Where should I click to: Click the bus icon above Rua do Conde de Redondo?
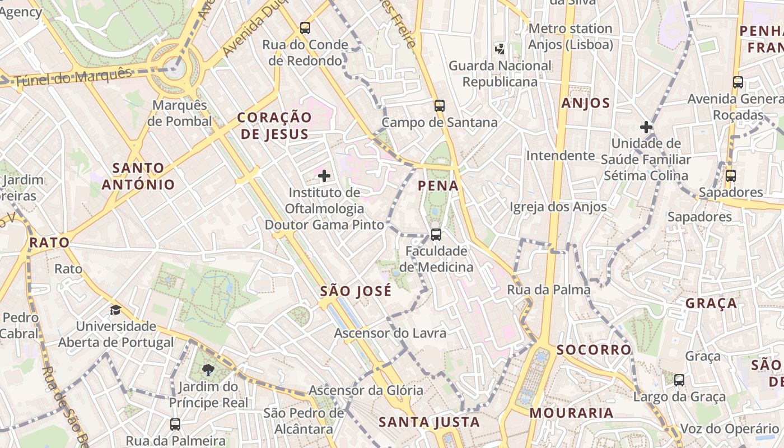click(x=305, y=27)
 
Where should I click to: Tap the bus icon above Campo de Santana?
click(x=440, y=105)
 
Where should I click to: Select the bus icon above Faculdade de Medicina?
click(x=436, y=235)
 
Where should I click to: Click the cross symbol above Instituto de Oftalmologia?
click(x=324, y=176)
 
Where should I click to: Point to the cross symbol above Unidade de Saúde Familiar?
click(x=646, y=127)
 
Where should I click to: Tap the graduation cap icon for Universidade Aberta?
click(x=115, y=310)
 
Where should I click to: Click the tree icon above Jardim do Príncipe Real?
click(x=208, y=370)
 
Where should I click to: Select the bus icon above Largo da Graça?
click(x=679, y=380)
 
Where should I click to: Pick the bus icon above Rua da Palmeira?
click(x=175, y=424)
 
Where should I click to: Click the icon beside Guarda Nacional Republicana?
click(x=500, y=49)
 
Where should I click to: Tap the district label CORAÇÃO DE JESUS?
click(x=274, y=125)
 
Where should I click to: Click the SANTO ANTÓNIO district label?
click(x=138, y=176)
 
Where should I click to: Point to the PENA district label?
click(x=438, y=186)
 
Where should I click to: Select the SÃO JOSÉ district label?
click(x=356, y=291)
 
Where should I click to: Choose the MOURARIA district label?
click(x=571, y=413)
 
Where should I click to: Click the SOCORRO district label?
click(x=594, y=350)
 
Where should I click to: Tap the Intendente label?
click(x=560, y=155)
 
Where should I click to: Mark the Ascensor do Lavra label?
click(x=390, y=333)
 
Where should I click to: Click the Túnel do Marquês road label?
click(x=73, y=77)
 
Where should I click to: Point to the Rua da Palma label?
click(x=549, y=290)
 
